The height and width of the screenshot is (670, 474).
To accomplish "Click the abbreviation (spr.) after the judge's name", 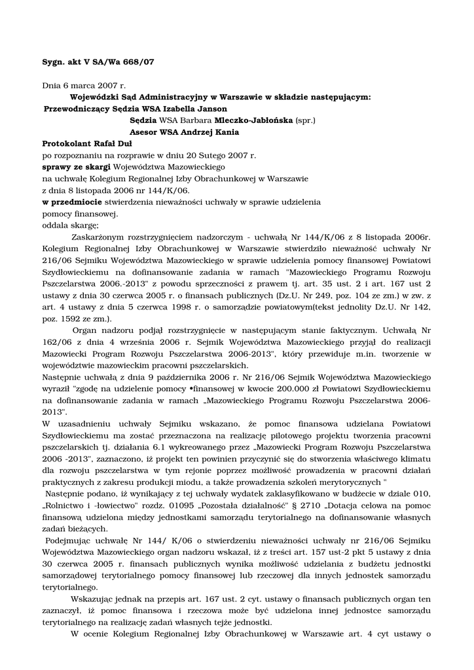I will [x=306, y=120].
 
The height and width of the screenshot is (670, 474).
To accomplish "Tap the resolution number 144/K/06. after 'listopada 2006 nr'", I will [x=166, y=190].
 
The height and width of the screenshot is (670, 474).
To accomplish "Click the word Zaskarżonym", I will [x=95, y=237].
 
